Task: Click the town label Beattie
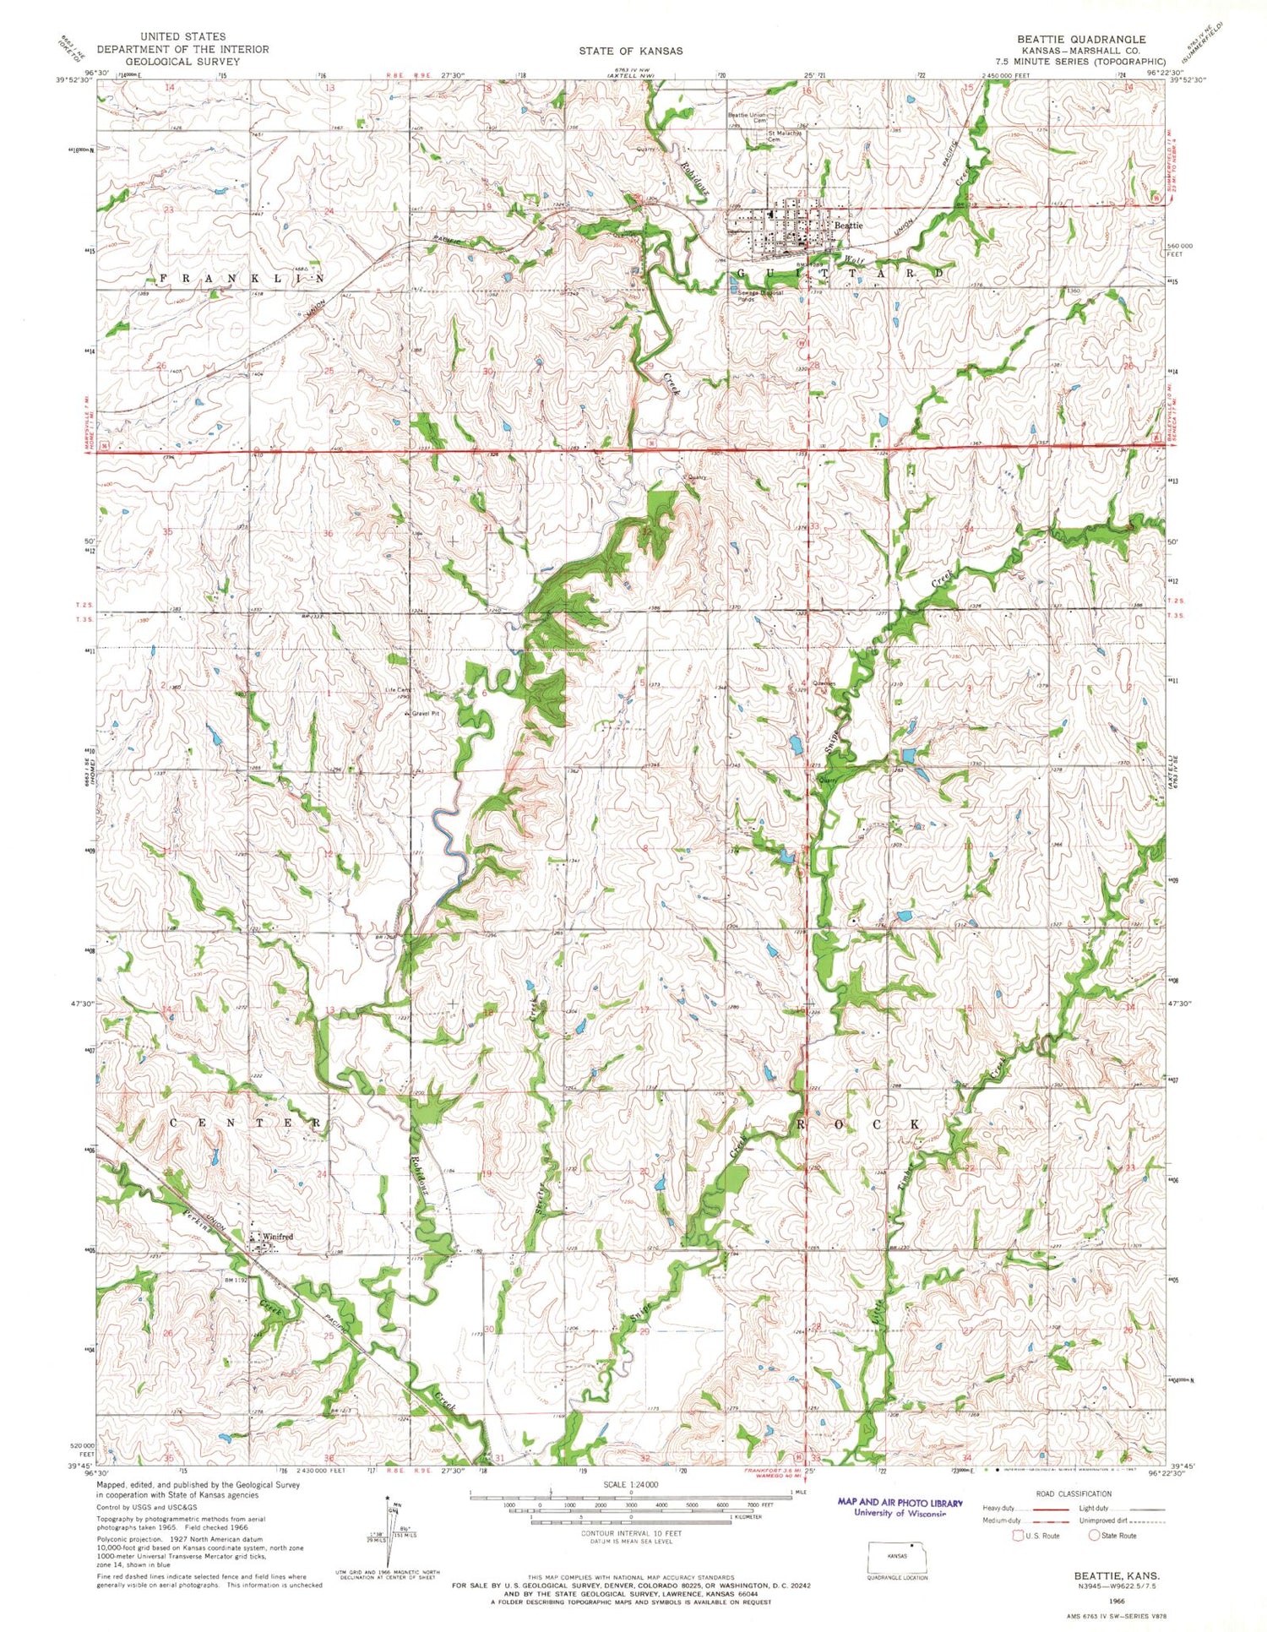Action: point(848,226)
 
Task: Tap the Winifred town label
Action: point(277,1237)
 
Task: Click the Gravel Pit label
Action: point(425,714)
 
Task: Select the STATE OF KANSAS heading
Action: point(631,51)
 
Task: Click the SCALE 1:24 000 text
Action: point(630,1484)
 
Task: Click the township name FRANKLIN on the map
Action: point(240,278)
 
